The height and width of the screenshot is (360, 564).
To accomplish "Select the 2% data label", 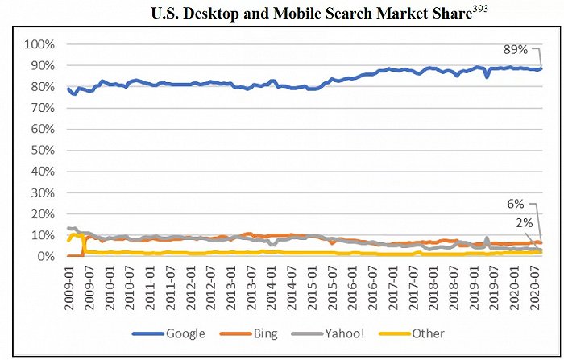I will [x=522, y=221].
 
